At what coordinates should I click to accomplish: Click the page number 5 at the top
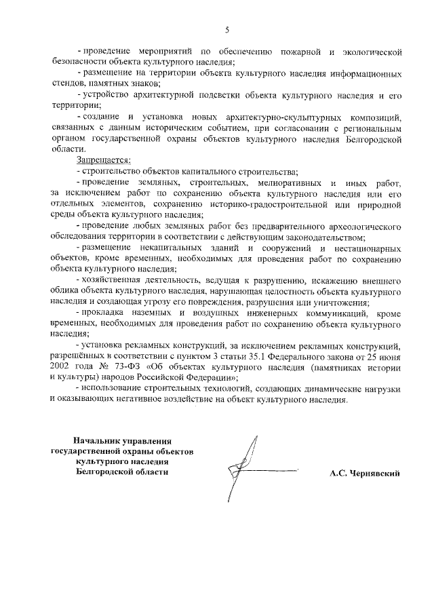(228, 29)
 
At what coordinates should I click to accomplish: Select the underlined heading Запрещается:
(103, 160)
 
